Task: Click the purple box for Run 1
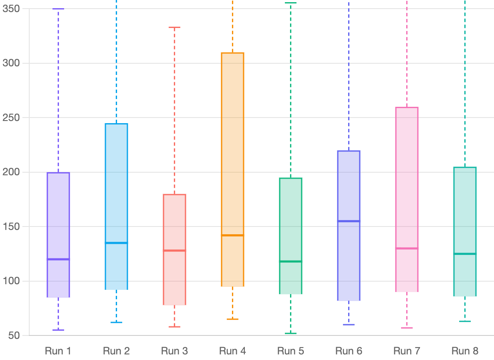[58, 235]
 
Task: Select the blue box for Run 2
[116, 206]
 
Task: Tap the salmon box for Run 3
[174, 249]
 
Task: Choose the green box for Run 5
[290, 236]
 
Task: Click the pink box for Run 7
[407, 200]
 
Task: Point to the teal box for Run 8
[465, 232]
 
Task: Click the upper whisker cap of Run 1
[58, 9]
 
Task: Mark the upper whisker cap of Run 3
[174, 27]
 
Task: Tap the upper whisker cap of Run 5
[290, 3]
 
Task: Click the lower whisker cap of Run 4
[232, 319]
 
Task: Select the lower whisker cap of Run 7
[407, 328]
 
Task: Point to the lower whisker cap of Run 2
[116, 323]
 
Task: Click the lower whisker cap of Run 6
[349, 325]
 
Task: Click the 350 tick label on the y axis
[11, 9]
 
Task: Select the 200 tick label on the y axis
[11, 172]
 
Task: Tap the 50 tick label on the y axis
[14, 335]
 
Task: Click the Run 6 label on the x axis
[349, 351]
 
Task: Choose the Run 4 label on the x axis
[232, 351]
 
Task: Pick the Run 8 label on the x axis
[465, 351]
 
